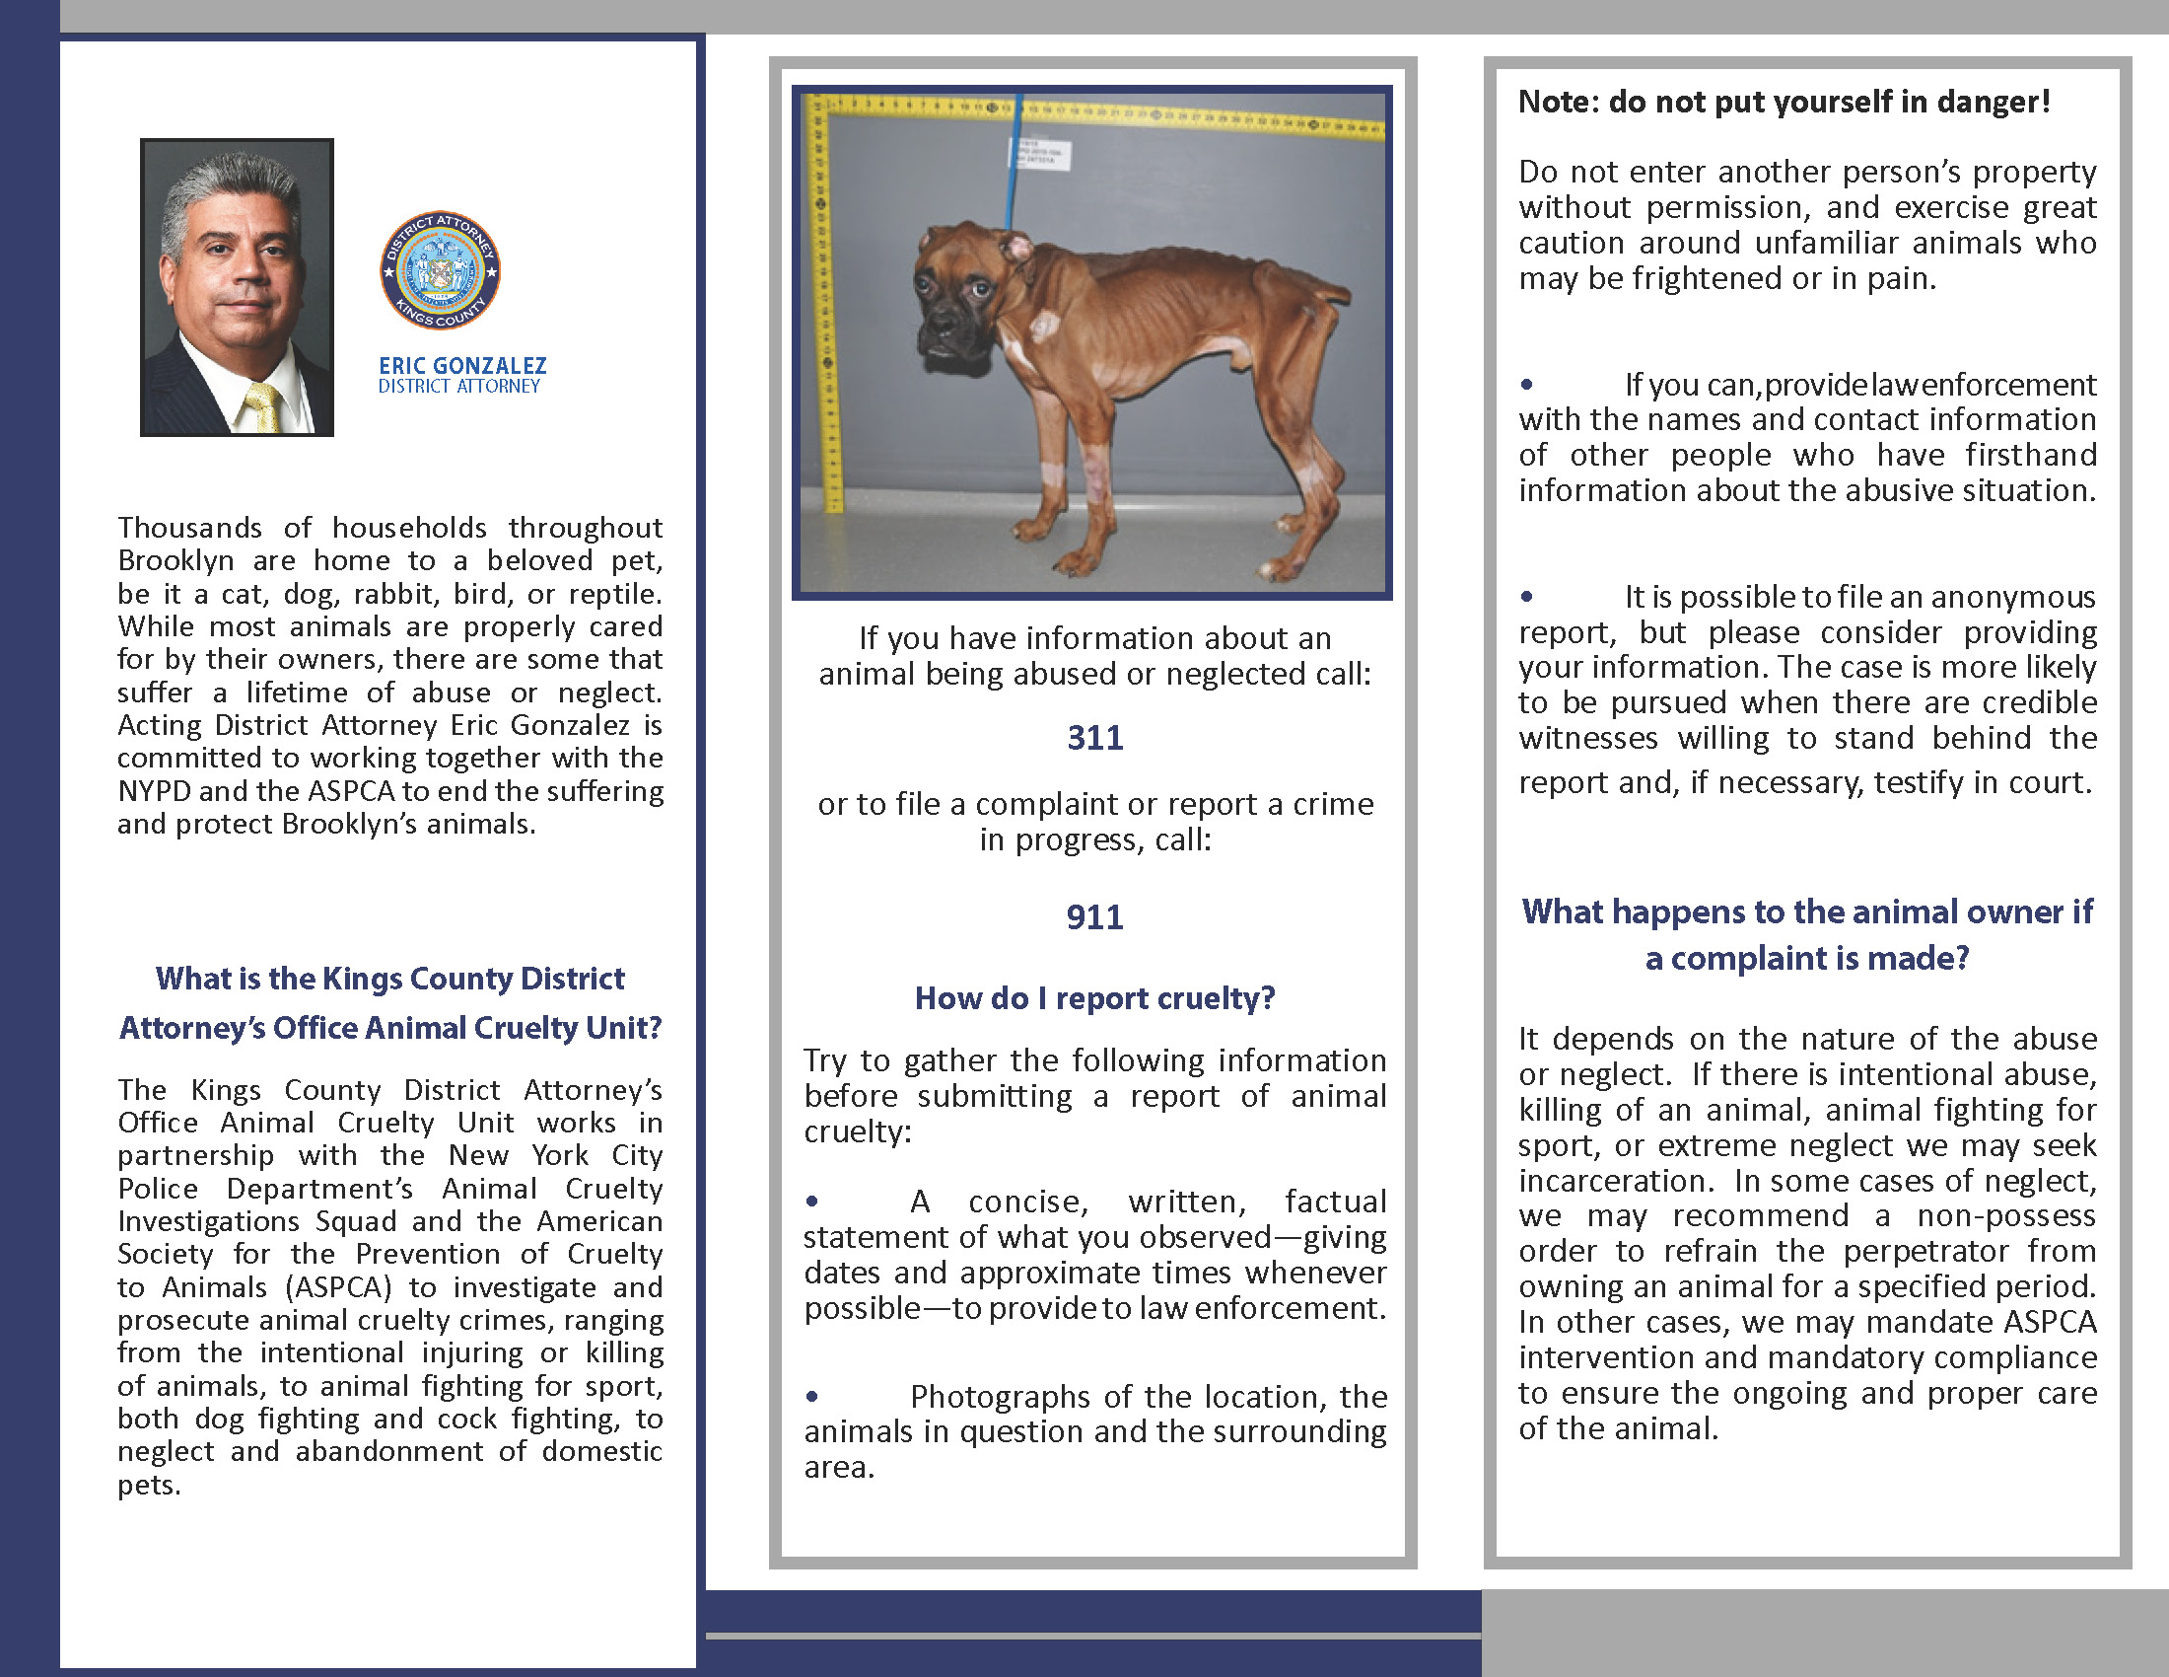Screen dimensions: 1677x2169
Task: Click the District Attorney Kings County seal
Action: click(x=440, y=270)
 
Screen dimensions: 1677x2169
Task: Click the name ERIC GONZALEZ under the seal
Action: click(x=461, y=366)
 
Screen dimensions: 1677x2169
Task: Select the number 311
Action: click(x=1094, y=738)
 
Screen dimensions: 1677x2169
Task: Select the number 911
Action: click(x=1094, y=917)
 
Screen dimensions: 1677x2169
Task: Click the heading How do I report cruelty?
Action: click(x=1094, y=998)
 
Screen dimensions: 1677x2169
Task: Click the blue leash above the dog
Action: click(x=1011, y=169)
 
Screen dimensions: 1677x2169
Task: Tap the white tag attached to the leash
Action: click(x=1041, y=154)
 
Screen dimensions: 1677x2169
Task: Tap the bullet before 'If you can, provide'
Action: click(x=1526, y=385)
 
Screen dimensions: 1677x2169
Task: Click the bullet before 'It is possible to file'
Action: click(x=1526, y=596)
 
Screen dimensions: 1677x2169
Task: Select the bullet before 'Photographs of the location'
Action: click(x=812, y=1396)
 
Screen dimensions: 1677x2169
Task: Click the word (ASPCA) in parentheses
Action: click(x=338, y=1287)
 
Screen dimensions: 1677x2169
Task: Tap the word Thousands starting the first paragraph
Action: click(x=188, y=528)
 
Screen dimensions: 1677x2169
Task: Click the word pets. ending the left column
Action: click(x=149, y=1486)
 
